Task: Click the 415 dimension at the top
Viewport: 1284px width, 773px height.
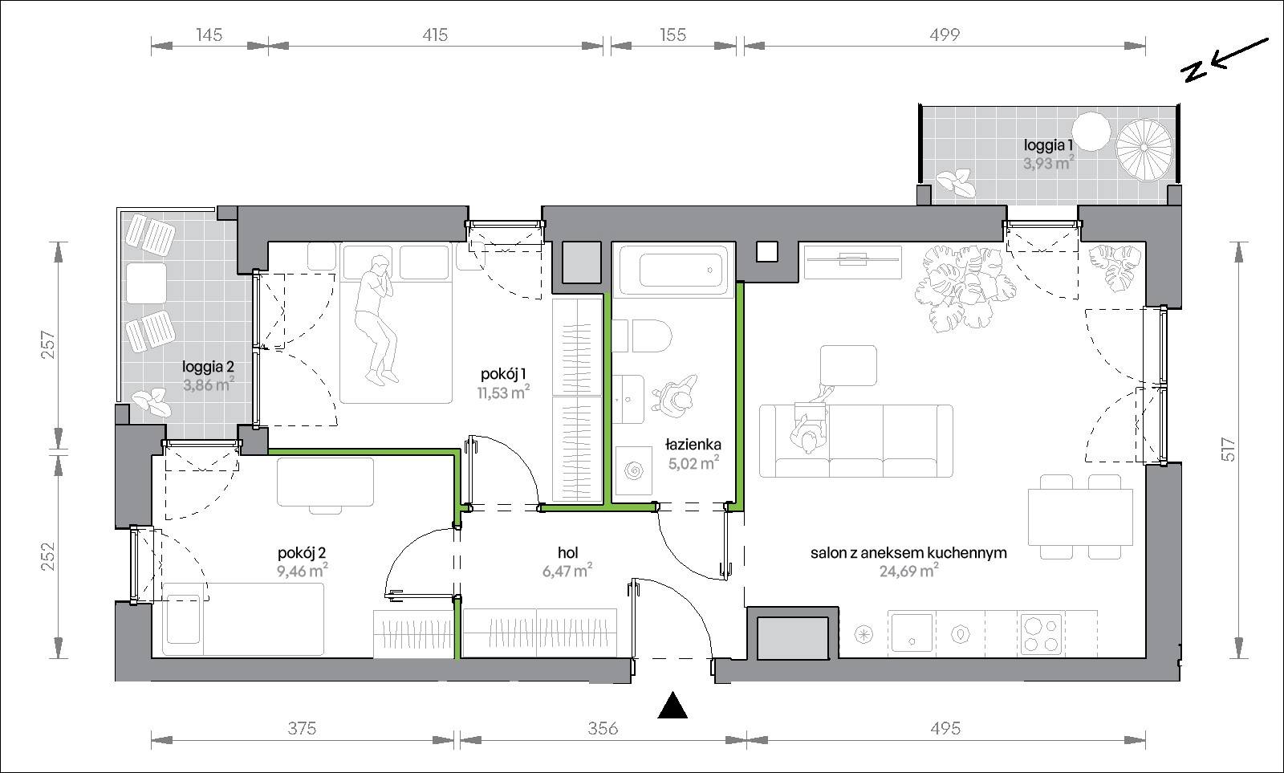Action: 434,35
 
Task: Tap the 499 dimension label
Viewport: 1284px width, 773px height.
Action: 944,35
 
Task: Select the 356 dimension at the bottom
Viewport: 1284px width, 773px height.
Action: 603,728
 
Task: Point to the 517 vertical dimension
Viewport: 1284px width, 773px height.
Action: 1228,449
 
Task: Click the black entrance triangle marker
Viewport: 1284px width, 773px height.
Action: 672,706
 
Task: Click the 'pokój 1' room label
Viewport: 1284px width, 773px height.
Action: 503,374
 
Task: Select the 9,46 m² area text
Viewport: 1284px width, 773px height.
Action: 303,571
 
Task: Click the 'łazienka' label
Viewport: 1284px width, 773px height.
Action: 693,444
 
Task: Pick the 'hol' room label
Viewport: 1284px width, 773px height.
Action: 567,553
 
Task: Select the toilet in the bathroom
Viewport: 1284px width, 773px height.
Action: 643,336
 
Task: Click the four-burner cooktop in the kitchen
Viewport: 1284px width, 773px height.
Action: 1041,634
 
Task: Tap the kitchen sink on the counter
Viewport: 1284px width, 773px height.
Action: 911,632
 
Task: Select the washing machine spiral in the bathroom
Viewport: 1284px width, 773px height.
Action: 634,471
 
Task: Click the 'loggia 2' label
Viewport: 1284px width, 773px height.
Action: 208,366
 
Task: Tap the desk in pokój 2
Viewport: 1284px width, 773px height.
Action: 326,482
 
